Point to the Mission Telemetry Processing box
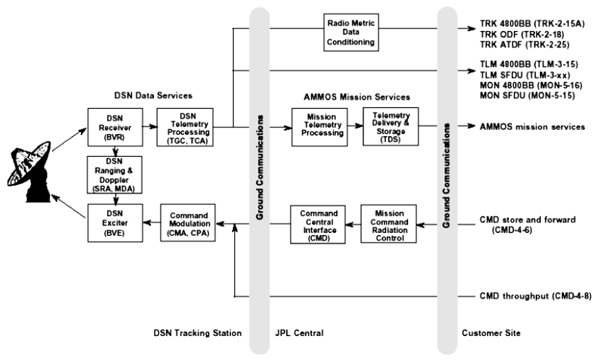point(318,127)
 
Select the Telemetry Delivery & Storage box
point(390,127)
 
